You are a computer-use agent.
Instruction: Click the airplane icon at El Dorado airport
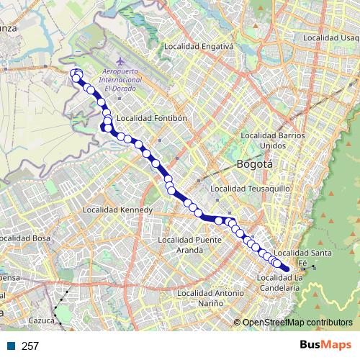118,62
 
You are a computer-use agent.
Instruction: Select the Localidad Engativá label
199,47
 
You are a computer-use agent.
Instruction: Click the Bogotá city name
255,164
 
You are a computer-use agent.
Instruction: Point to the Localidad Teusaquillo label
249,189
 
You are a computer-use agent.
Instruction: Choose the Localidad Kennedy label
117,210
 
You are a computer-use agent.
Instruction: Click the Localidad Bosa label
25,237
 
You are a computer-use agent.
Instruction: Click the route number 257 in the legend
30,346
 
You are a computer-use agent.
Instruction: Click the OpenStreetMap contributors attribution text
297,323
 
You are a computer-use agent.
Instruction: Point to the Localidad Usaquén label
333,37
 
